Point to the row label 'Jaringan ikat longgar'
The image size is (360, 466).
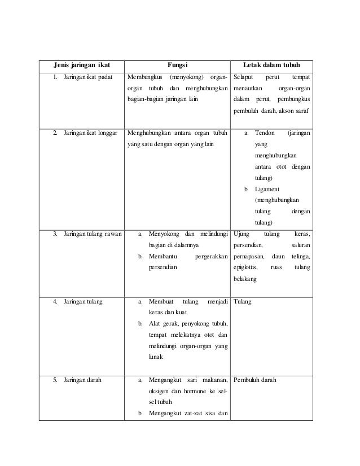click(x=90, y=134)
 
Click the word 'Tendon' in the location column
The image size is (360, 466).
click(x=265, y=134)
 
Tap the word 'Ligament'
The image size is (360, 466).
click(x=267, y=189)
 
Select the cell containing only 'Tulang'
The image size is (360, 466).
click(x=242, y=302)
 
